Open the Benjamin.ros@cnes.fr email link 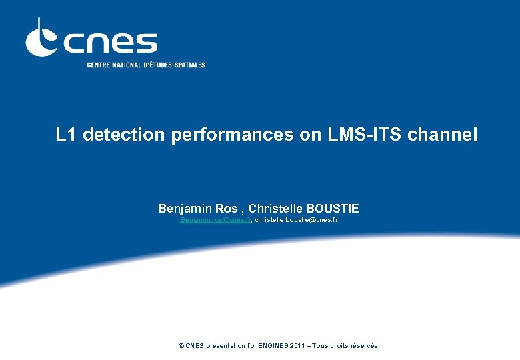coord(215,219)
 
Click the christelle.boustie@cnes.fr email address coord(296,219)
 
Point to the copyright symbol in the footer coord(181,345)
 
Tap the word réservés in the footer coord(364,345)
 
